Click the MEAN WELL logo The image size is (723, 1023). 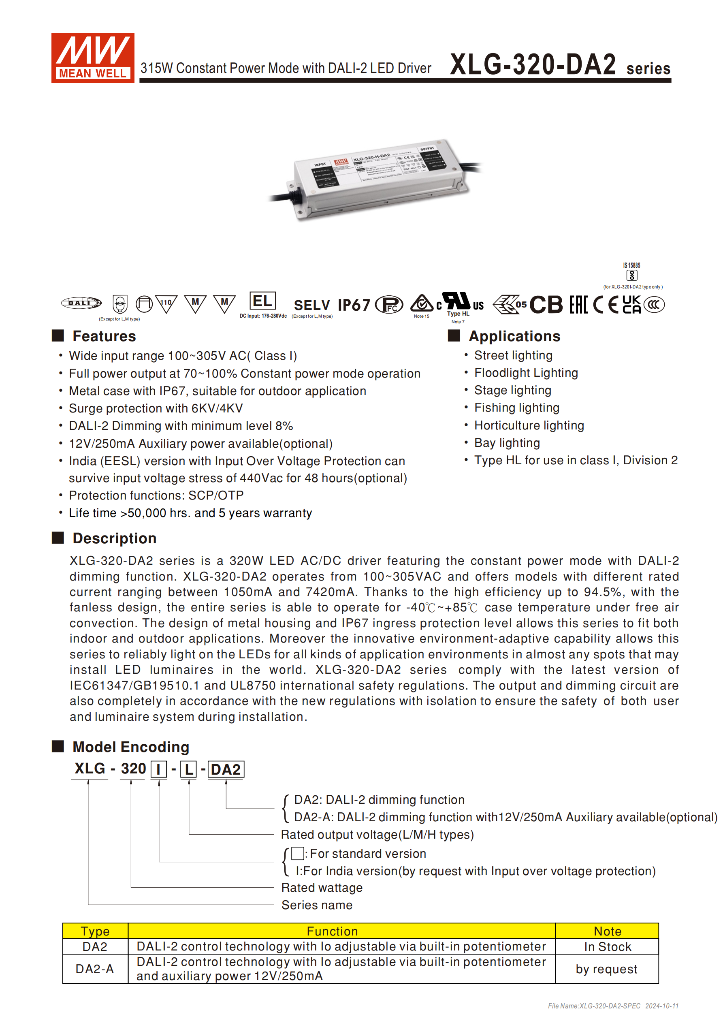(x=93, y=58)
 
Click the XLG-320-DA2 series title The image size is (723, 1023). (x=559, y=65)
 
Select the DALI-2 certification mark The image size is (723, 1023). (x=81, y=303)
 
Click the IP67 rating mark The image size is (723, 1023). (x=354, y=305)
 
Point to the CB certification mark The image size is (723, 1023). (x=546, y=305)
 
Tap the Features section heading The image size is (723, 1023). (x=104, y=336)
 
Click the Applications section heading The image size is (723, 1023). (x=514, y=336)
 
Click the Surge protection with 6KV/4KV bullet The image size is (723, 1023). (x=156, y=408)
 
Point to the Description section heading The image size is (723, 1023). (x=114, y=538)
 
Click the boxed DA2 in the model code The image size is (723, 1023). (x=226, y=769)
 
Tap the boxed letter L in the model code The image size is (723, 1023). (x=188, y=769)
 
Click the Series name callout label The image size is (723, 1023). (x=317, y=905)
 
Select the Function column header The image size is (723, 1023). (x=332, y=931)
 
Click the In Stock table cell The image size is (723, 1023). (x=608, y=947)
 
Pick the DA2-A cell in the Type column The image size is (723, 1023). (x=95, y=969)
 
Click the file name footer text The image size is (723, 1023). (x=613, y=1006)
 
